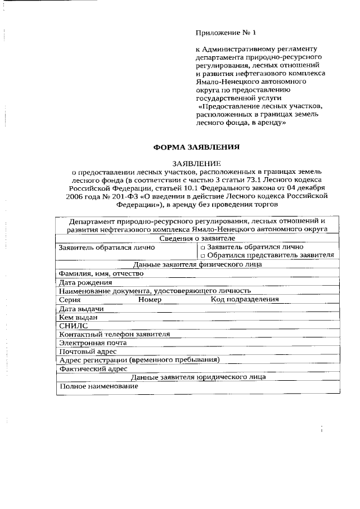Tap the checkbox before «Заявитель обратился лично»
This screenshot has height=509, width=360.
[x=203, y=247]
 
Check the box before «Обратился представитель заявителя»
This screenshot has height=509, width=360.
[x=203, y=255]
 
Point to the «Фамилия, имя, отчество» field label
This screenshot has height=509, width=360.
[x=97, y=273]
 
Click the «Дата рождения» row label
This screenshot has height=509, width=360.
[x=85, y=282]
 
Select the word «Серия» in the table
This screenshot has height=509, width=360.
[x=70, y=300]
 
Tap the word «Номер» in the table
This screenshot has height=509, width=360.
[x=150, y=300]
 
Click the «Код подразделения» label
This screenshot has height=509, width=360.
[x=245, y=300]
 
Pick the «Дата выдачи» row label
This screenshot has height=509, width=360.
[x=81, y=309]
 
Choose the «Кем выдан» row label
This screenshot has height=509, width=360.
[x=78, y=317]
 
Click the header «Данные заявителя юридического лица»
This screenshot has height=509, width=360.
[x=198, y=377]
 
